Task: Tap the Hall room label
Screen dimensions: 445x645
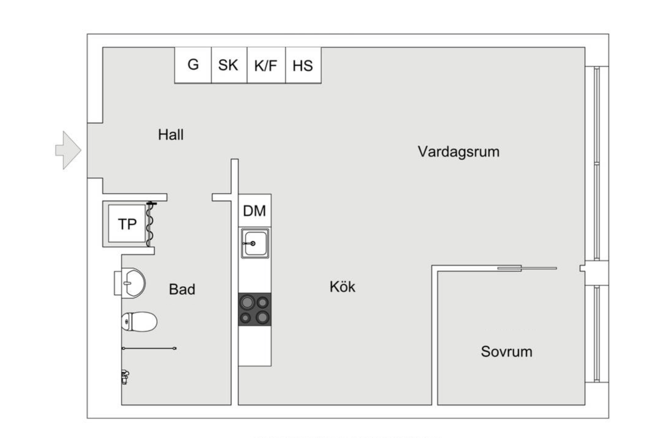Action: pos(171,135)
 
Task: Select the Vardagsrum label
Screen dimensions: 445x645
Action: pos(458,152)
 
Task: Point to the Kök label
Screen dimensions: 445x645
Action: pos(342,287)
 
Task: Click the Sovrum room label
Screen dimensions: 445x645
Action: pos(506,351)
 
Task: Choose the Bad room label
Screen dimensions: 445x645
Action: pos(182,289)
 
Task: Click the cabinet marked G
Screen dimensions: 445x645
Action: pos(193,65)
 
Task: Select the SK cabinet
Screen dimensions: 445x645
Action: pos(228,65)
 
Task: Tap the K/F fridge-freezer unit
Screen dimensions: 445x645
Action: pos(266,66)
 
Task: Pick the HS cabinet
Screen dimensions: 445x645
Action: pos(303,66)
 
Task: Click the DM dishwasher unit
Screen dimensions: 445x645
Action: pos(254,211)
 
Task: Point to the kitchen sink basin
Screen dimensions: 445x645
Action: pos(255,243)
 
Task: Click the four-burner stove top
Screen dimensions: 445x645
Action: pos(255,309)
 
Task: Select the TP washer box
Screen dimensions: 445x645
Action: pos(127,224)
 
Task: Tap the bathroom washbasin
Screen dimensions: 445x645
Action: pos(133,283)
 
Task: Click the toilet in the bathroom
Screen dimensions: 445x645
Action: pos(139,321)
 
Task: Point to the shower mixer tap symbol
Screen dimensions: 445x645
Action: pos(124,377)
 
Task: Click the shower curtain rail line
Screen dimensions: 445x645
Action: pos(149,349)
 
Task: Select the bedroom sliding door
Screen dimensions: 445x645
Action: pos(528,268)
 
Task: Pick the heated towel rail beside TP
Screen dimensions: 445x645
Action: pos(150,225)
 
